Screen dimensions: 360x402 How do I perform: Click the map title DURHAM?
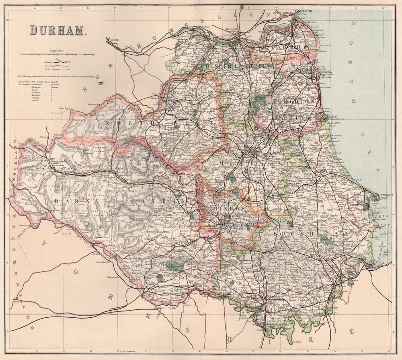pos(57,30)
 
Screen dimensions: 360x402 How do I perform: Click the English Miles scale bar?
pos(57,54)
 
